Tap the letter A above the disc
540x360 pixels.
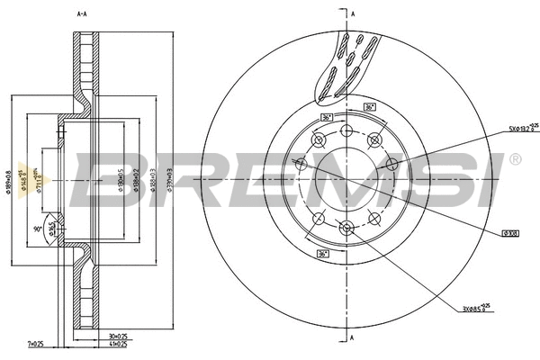click(x=354, y=14)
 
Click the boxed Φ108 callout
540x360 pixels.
click(x=509, y=233)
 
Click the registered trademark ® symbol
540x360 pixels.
click(x=514, y=160)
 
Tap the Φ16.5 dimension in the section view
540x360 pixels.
click(x=51, y=230)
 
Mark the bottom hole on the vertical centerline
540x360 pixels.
click(x=346, y=228)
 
